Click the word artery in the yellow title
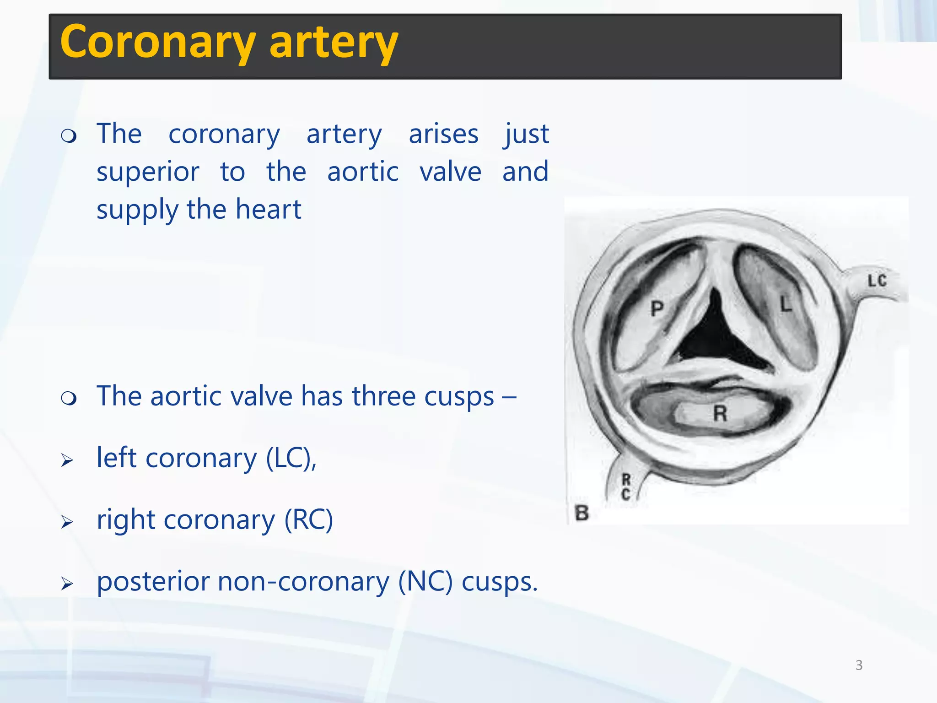tap(334, 42)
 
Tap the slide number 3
tap(859, 665)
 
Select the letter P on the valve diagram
tap(657, 308)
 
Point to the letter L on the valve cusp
tap(786, 304)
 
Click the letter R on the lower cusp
tap(720, 414)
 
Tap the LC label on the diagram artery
tap(877, 281)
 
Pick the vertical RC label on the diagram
tap(626, 487)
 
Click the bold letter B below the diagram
tap(582, 513)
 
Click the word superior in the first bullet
tap(148, 172)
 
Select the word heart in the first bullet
tap(269, 210)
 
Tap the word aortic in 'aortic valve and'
tap(363, 172)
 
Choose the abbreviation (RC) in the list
tap(308, 520)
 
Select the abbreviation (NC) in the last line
tap(425, 582)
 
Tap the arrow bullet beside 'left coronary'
tap(67, 460)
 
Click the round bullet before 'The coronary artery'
tap(69, 136)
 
